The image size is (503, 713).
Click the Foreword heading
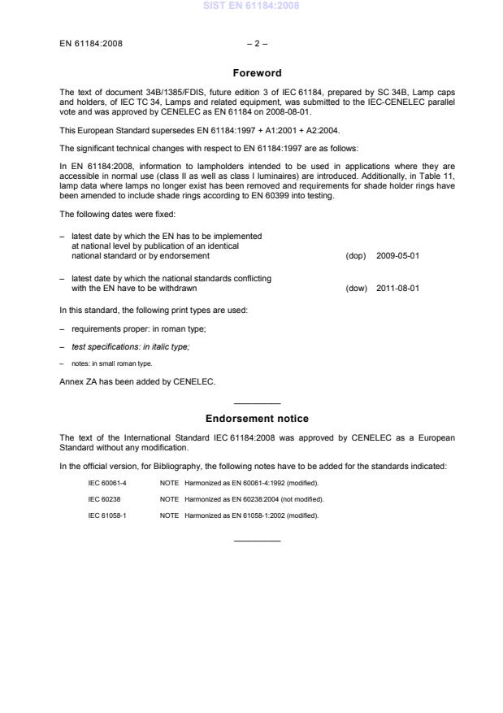(x=257, y=73)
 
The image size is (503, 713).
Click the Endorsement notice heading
(x=257, y=419)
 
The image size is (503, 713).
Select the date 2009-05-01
(x=397, y=255)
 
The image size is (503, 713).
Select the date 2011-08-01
(x=397, y=288)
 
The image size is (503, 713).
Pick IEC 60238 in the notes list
(x=103, y=498)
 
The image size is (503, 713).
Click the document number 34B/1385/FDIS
(x=137, y=93)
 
